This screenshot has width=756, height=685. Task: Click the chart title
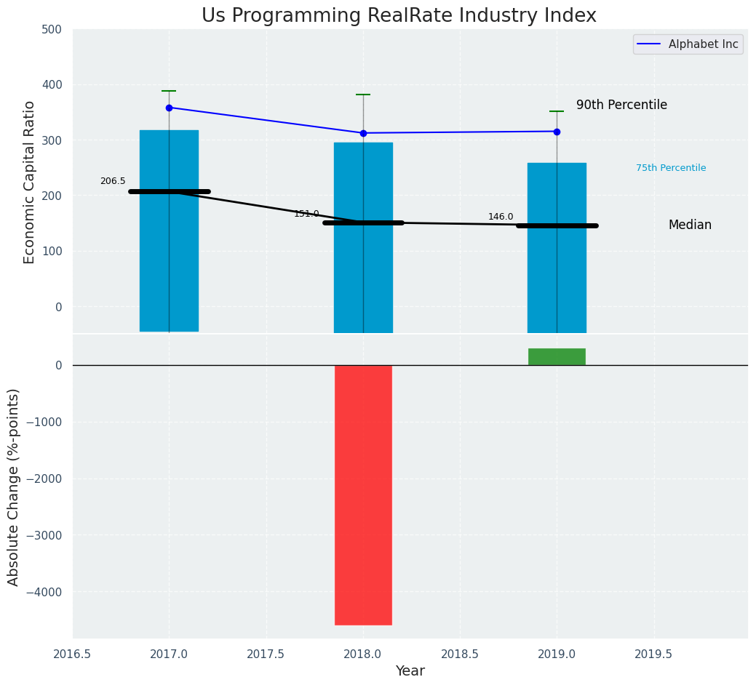tap(399, 16)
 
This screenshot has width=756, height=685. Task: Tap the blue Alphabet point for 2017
tap(169, 108)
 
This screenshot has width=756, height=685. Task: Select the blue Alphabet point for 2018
tap(363, 133)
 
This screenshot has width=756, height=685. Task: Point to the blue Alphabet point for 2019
tap(557, 132)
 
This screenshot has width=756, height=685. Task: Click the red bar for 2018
tap(363, 494)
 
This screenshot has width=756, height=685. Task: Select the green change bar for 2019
tap(557, 356)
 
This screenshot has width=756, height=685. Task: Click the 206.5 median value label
tap(113, 181)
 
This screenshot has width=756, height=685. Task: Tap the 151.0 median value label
tap(306, 214)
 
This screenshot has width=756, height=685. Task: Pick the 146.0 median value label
tap(501, 217)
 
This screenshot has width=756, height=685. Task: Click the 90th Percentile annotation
tap(621, 105)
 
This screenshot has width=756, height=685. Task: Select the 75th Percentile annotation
tap(671, 168)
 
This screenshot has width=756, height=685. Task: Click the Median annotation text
tap(690, 225)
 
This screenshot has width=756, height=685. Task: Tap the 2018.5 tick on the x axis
tap(460, 654)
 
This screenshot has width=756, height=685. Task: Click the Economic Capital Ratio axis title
tap(30, 182)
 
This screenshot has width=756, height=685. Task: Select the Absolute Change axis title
tap(14, 486)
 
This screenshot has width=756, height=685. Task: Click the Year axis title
tap(410, 671)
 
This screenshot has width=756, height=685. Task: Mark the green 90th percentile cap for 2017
tap(169, 91)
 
